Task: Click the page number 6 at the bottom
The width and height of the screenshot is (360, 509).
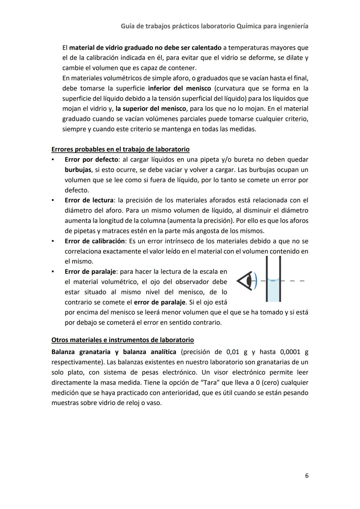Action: point(306,476)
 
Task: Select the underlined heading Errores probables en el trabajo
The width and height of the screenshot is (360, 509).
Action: point(120,149)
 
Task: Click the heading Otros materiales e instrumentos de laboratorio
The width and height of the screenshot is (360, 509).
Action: point(122,340)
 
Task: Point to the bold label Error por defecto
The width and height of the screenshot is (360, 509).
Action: point(91,160)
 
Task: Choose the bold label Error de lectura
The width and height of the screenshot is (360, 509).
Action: point(89,200)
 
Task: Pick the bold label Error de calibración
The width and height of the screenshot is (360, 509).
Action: point(95,241)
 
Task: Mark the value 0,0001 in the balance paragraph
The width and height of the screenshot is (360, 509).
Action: point(291,352)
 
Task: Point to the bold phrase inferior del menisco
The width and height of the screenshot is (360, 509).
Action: point(179,89)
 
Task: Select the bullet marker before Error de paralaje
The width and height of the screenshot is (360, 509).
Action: point(53,271)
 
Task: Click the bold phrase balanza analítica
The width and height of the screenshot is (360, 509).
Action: point(150,352)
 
